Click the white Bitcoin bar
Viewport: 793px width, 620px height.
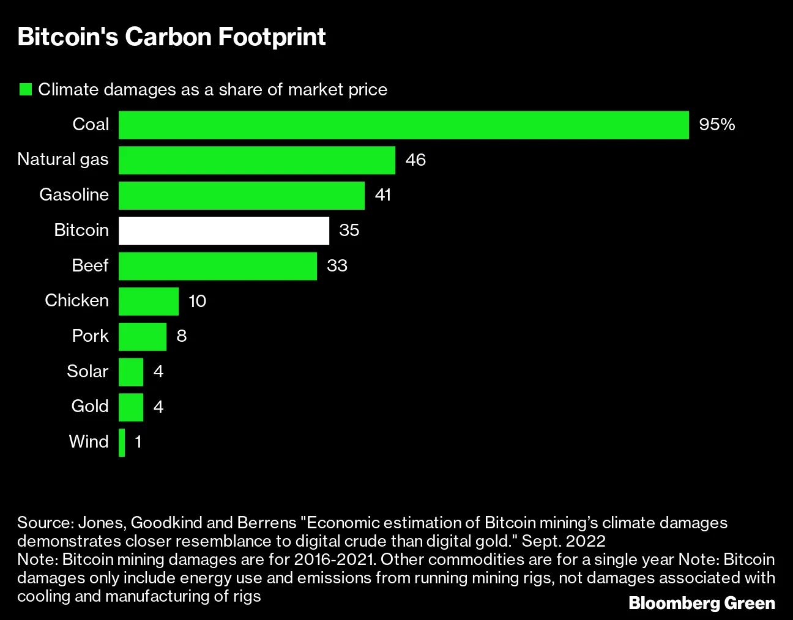(223, 231)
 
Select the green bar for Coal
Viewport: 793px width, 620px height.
(403, 125)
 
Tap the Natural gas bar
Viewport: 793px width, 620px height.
(256, 160)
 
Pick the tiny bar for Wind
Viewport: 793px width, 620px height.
(122, 443)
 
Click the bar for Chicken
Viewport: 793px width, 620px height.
(149, 301)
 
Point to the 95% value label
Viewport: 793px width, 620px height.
(717, 125)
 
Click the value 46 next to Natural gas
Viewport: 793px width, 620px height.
(415, 160)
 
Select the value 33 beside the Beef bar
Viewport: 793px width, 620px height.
(337, 266)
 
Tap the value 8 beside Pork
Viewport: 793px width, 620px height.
(181, 336)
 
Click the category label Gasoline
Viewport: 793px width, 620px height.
(74, 195)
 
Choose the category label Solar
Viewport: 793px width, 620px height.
(87, 372)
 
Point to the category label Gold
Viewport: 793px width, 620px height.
(90, 407)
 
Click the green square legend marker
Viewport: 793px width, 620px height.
(26, 90)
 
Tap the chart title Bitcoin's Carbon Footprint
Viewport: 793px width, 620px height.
(171, 37)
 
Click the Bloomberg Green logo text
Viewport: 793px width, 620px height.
(702, 603)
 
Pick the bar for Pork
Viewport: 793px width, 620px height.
(143, 336)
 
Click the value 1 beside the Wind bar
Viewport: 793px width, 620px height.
(138, 442)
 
